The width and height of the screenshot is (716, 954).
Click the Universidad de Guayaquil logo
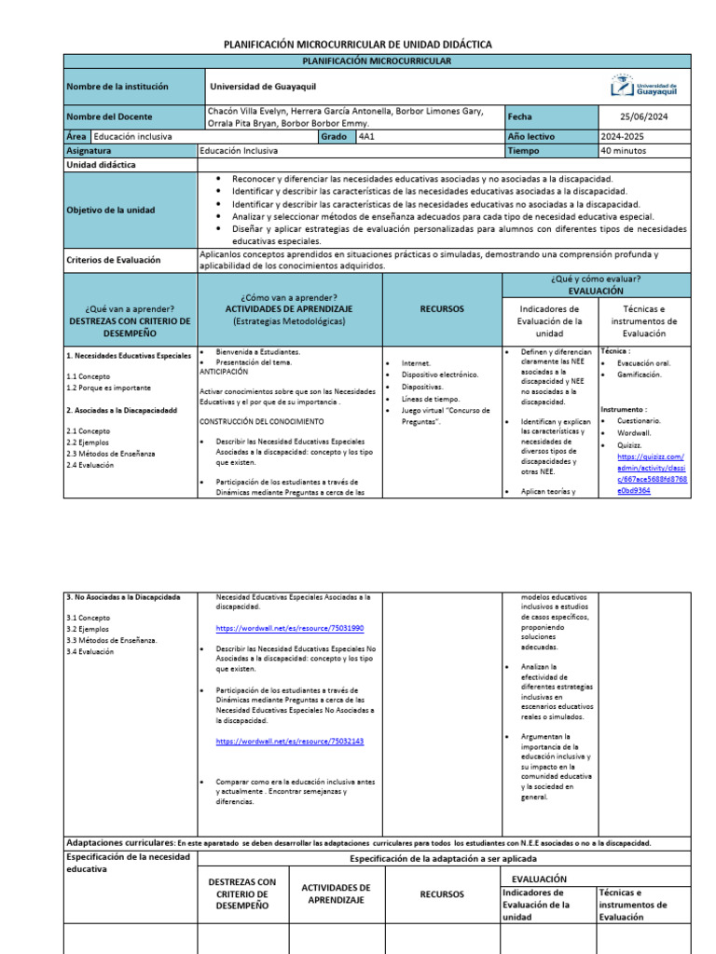coord(644,87)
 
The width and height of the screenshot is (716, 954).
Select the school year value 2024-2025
coord(623,136)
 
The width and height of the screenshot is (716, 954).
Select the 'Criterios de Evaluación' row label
coord(114,260)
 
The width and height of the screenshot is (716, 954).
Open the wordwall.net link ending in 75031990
coord(289,629)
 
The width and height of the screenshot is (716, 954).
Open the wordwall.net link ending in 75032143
coord(289,741)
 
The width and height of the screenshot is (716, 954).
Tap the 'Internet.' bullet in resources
coord(416,363)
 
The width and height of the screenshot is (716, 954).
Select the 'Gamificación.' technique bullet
coord(639,375)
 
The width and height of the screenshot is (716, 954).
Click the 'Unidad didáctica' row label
coord(101,164)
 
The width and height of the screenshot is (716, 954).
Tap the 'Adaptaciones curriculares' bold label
coord(120,842)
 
